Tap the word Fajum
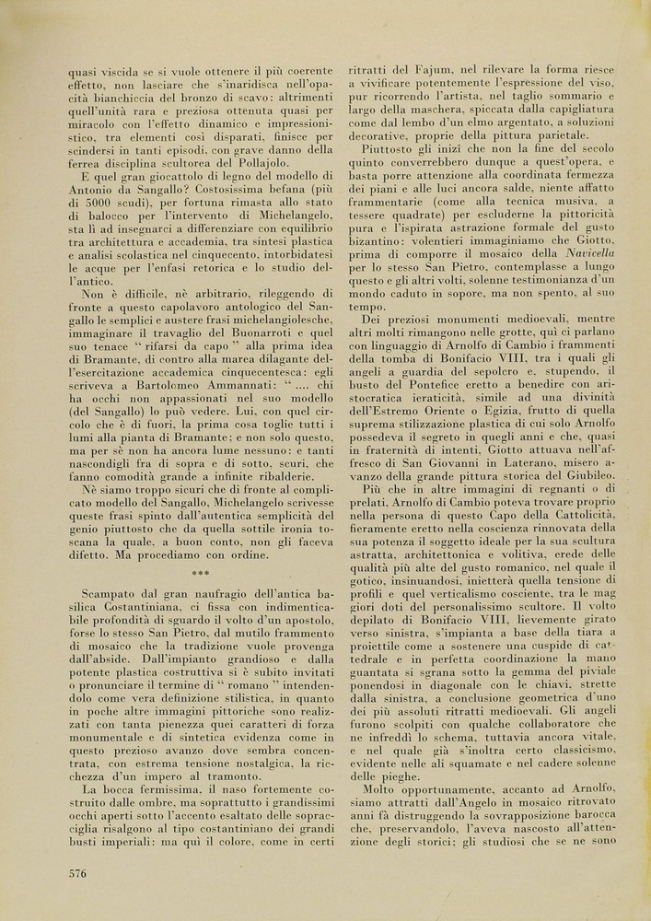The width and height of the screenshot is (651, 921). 438,69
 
